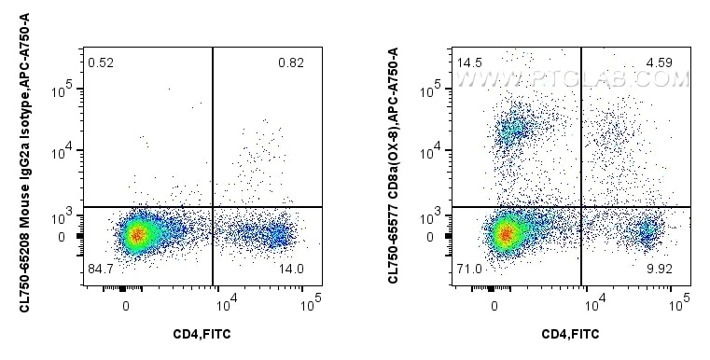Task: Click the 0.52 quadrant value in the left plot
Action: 100,62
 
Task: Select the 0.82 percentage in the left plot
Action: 290,62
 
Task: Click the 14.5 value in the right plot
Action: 469,62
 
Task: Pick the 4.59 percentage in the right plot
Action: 660,62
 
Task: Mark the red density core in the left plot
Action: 137,235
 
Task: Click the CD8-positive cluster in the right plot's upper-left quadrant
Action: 512,131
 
